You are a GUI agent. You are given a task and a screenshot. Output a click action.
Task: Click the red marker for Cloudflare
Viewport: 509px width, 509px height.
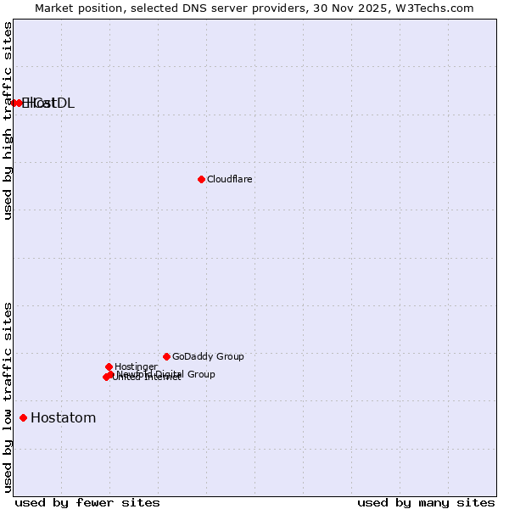pos(201,179)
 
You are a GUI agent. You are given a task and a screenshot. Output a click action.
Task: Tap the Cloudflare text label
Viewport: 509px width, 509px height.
pos(230,180)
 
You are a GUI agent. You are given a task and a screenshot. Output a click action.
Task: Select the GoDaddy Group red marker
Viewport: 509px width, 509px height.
pos(166,356)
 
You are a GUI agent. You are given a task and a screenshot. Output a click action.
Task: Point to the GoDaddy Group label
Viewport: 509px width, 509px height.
pos(208,357)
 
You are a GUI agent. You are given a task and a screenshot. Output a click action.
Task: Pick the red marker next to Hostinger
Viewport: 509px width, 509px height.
pos(109,366)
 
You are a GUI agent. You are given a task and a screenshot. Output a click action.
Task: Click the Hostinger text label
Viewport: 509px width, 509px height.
pos(136,367)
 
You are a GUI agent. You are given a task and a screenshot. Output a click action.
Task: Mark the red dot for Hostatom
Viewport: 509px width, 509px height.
pos(23,417)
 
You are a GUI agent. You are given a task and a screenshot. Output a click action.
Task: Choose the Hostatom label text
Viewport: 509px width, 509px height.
pos(64,418)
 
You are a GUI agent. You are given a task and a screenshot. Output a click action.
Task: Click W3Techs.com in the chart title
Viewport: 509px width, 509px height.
pos(432,8)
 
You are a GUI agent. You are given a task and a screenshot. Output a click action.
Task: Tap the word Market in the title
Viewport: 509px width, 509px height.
pos(55,8)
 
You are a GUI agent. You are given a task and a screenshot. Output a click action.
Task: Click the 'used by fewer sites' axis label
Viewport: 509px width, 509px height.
pos(87,503)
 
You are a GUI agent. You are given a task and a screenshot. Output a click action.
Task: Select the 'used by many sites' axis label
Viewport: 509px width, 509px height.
pos(426,503)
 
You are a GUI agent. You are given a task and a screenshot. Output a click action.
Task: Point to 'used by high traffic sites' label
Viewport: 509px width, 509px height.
pos(8,120)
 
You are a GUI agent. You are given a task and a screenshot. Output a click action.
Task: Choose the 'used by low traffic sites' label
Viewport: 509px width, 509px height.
pos(8,396)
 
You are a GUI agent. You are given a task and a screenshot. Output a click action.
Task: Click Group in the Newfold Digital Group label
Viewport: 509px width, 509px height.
pos(200,374)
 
